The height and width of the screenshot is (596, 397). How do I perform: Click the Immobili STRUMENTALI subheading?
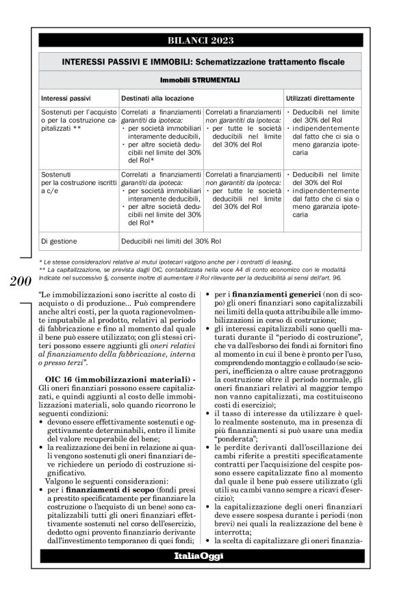click(199, 80)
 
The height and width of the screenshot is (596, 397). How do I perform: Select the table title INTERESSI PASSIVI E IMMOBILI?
click(199, 61)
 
